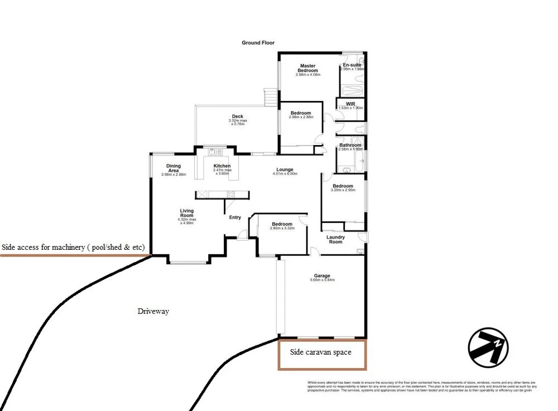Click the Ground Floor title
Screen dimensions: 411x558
(258, 43)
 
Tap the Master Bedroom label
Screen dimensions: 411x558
(308, 68)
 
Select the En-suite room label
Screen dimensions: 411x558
(352, 65)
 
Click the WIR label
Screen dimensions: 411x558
(350, 104)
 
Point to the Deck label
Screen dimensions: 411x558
(238, 117)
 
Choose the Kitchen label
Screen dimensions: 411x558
(222, 166)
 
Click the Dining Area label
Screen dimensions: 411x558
(174, 168)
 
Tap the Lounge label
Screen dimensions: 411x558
(285, 170)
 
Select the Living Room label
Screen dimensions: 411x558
(187, 213)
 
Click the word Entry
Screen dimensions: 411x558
(235, 217)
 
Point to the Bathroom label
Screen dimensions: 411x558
(350, 146)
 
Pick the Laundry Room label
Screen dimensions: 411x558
(336, 239)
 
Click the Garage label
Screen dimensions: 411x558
(322, 275)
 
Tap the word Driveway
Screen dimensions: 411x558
(153, 311)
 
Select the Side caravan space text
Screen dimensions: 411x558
(321, 352)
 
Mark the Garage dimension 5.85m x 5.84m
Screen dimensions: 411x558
(322, 281)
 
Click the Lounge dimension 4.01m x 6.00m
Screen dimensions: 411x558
(285, 174)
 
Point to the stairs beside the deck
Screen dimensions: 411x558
(270, 99)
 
